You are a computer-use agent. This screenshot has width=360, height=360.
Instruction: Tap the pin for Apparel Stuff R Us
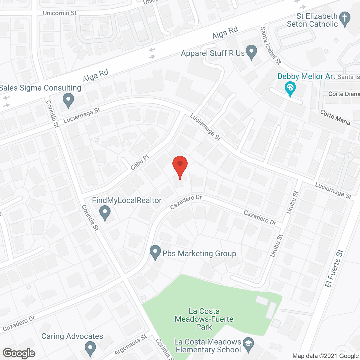[x=251, y=52]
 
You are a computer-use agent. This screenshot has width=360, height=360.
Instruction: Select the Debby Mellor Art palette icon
[x=290, y=88]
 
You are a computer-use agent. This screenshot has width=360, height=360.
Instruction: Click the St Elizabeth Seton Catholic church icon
[x=345, y=19]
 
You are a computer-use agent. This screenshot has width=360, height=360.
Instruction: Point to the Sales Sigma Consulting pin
[x=68, y=100]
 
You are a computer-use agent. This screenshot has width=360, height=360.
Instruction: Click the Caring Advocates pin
[x=90, y=348]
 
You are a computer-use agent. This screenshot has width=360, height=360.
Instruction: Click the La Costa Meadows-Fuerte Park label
[x=204, y=319]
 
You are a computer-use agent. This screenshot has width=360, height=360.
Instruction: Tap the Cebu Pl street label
[x=139, y=163]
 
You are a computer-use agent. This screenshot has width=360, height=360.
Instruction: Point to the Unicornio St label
[x=60, y=13]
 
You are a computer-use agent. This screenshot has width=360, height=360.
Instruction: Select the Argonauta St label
[x=130, y=345]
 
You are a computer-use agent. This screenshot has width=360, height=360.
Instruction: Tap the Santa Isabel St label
[x=271, y=46]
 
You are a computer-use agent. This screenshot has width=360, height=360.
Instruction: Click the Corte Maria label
[x=335, y=117]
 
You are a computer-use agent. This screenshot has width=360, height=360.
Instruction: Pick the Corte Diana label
[x=344, y=94]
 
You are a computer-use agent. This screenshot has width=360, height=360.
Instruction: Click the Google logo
[x=19, y=353]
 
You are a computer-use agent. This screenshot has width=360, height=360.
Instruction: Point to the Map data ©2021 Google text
[x=325, y=356]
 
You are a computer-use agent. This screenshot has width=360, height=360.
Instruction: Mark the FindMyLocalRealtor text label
[x=127, y=200]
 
